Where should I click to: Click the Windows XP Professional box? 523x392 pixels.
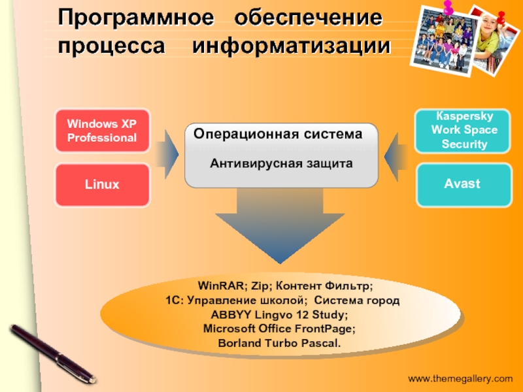click(x=101, y=130)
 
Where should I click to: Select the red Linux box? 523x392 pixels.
click(x=101, y=184)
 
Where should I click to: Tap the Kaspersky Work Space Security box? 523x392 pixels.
click(x=464, y=131)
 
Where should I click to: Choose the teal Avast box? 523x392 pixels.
click(x=462, y=184)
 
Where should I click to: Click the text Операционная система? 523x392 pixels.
click(x=278, y=134)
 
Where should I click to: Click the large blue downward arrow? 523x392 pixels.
click(x=282, y=225)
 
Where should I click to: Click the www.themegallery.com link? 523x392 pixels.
click(x=461, y=378)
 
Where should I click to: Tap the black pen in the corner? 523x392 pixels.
click(x=52, y=352)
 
